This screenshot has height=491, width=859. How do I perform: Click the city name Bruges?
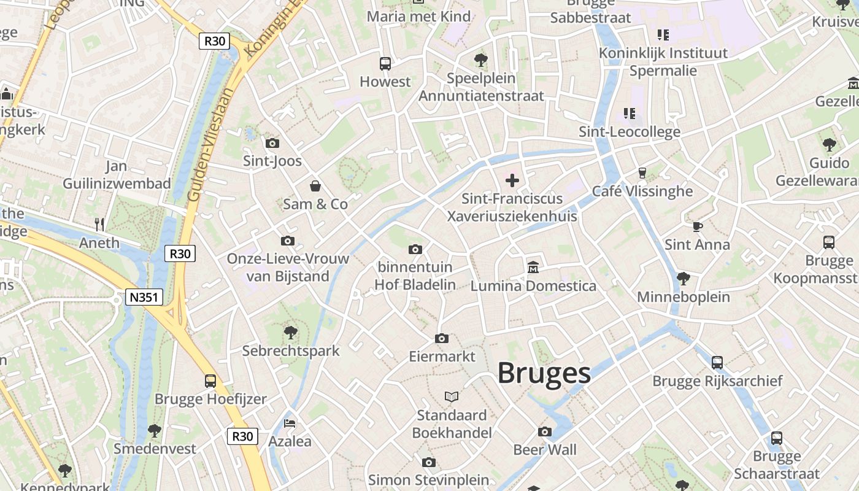tap(544, 373)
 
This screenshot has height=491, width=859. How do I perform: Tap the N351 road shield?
tap(144, 298)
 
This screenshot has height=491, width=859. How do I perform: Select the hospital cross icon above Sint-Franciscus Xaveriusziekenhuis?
tap(512, 180)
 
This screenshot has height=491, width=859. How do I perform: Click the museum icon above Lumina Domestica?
tap(533, 268)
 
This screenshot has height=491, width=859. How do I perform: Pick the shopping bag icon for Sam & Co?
tap(315, 186)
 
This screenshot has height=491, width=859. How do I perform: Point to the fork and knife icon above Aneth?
tap(99, 225)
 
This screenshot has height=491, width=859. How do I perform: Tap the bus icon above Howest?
tap(385, 63)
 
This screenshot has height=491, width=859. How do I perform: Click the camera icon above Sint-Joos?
tap(272, 143)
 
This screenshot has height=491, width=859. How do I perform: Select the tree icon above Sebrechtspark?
tap(291, 333)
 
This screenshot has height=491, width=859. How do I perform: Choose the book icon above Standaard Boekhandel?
tap(452, 397)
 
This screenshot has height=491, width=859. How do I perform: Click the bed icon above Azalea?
tap(290, 423)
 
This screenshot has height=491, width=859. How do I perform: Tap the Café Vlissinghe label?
tap(642, 191)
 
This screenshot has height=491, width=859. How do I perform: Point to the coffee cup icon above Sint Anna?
tap(698, 226)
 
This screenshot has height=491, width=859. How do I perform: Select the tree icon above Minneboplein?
tap(683, 279)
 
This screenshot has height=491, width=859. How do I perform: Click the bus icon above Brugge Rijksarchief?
tap(717, 363)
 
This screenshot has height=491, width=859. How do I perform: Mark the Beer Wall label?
tap(545, 450)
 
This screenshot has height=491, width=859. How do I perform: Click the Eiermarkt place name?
tap(442, 357)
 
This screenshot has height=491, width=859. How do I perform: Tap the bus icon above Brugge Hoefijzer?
tap(210, 381)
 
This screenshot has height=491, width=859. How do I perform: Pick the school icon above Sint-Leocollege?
tap(630, 113)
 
